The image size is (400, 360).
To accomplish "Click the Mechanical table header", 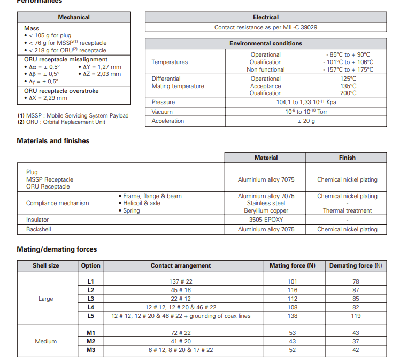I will tap(74, 17).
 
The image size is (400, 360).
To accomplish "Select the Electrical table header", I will tap(266, 17).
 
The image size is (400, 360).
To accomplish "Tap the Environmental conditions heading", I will tap(266, 43).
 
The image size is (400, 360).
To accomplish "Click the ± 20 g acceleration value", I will tap(306, 121).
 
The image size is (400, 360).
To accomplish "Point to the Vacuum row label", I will tap(162, 112).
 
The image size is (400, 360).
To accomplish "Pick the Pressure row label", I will tap(163, 102).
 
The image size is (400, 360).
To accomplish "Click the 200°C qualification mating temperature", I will tap(348, 93).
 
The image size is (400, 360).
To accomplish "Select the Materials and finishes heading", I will tap(53, 141).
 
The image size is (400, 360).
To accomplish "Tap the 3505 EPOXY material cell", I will tap(266, 220).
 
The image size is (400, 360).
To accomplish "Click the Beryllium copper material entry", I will tap(266, 210).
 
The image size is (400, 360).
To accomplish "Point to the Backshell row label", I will tap(39, 229).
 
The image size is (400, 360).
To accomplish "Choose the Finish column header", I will tap(347, 158).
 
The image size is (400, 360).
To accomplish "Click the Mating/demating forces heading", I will tap(57, 249).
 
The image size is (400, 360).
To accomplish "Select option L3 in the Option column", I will tap(90, 299).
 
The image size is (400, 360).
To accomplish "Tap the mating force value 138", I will tap(292, 316).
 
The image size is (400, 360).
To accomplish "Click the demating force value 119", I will tap(356, 316).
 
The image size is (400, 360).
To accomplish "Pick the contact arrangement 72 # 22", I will tap(181, 333).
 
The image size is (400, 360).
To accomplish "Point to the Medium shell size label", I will tap(46, 341).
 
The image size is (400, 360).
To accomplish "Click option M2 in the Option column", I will tap(90, 341).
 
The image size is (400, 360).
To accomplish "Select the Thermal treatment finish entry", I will tap(347, 210).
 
